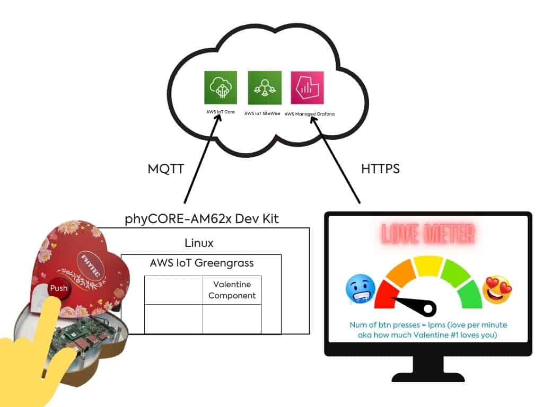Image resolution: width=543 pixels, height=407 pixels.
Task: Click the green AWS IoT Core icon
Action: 221,87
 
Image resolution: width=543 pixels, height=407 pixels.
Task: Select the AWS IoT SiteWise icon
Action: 265,87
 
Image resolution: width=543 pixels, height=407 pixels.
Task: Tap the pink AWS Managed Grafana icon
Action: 308,87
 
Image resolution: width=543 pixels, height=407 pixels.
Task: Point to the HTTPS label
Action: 380,170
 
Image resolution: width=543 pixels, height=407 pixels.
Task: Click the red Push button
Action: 58,289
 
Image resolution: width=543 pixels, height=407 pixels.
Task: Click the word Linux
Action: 199,243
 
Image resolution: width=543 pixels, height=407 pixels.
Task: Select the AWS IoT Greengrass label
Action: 202,263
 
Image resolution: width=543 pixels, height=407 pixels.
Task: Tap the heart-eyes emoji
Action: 496,290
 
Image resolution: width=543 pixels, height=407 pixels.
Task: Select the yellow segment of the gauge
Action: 428,265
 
